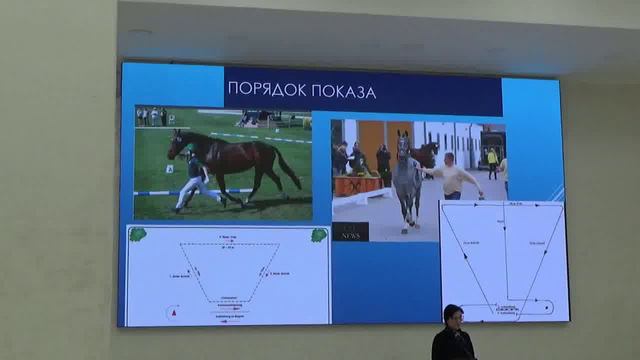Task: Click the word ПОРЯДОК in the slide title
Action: point(265,92)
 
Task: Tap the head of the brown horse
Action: point(178,145)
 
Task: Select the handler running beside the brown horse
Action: point(195,179)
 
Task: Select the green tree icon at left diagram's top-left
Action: point(137,235)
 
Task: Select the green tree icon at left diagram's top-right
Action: point(319,235)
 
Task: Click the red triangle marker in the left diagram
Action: point(174,311)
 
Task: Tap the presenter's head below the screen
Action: point(453,316)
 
